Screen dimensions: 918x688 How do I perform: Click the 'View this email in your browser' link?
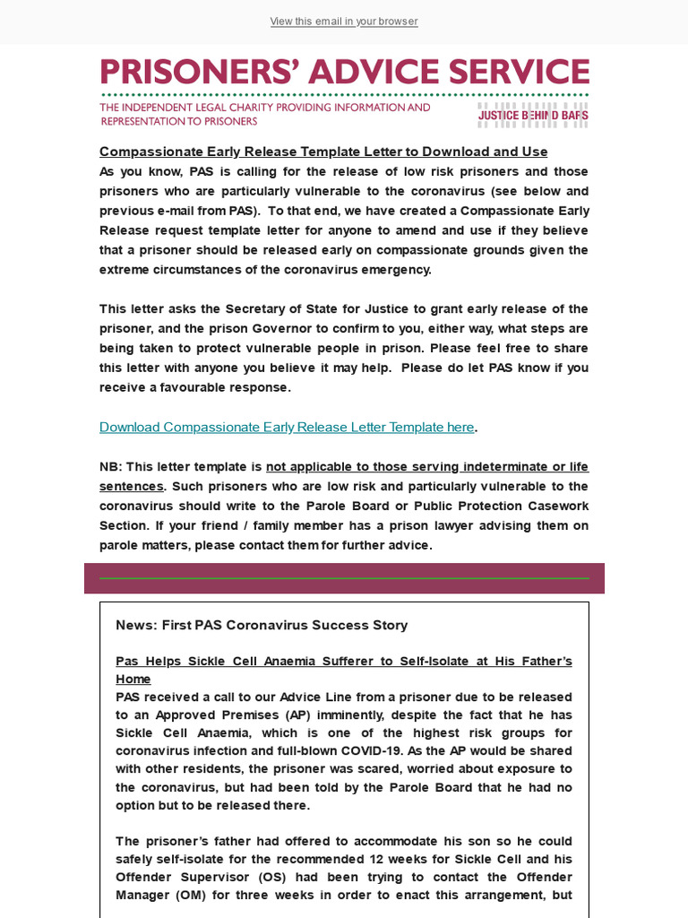point(344,22)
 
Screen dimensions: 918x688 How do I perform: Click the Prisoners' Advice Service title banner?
point(344,73)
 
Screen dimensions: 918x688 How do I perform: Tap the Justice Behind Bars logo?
point(532,115)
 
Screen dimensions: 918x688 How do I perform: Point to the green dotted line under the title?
point(344,94)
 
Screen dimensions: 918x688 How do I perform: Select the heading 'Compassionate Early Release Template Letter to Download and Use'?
point(323,152)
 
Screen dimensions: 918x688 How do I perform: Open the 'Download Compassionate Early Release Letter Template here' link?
point(287,427)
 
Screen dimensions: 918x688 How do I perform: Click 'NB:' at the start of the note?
point(110,466)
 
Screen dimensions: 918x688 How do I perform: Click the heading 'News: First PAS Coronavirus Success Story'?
point(262,625)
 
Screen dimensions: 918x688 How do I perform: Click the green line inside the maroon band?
point(344,578)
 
